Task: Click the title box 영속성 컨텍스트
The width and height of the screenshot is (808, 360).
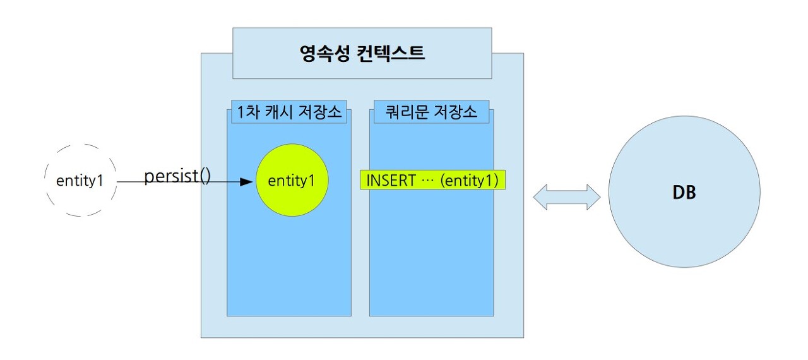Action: [x=362, y=53]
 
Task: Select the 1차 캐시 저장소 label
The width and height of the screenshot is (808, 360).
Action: [x=287, y=113]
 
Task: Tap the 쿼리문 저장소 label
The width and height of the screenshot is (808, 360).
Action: [x=431, y=113]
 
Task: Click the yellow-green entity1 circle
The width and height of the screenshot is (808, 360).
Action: [x=292, y=180]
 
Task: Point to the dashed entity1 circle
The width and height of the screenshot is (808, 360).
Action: [x=80, y=181]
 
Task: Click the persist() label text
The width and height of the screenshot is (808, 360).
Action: [x=177, y=176]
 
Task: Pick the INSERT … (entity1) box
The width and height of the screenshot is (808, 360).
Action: [x=432, y=181]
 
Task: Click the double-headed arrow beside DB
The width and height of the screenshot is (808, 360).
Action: [x=566, y=197]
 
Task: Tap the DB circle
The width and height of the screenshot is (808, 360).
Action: [x=684, y=191]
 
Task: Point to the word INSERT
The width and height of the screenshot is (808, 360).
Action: [x=391, y=181]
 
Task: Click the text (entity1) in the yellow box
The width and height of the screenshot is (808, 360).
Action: [x=470, y=181]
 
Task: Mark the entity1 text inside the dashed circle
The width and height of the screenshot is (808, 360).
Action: [x=80, y=181]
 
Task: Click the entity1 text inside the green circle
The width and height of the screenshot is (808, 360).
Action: [x=291, y=181]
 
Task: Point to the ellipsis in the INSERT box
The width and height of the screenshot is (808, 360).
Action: [x=427, y=181]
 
